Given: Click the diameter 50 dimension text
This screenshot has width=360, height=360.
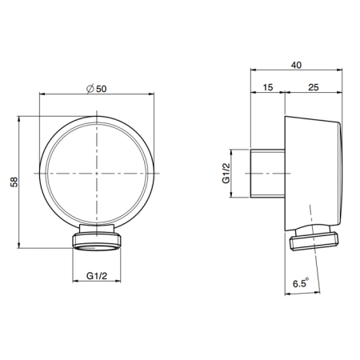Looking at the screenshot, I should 96,89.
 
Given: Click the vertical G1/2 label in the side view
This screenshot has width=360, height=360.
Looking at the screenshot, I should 226,172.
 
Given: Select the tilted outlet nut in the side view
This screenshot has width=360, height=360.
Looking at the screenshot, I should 314,238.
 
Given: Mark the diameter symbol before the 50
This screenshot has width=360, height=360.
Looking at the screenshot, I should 90,89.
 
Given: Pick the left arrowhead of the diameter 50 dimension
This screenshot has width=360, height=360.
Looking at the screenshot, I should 42,98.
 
